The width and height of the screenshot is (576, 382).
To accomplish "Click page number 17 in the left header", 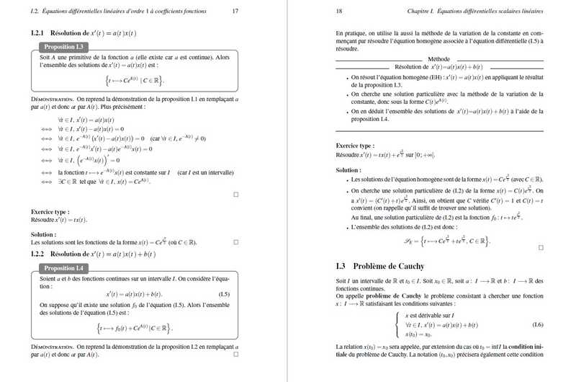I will tap(235, 11).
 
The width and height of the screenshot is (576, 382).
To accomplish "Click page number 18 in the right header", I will tap(339, 11).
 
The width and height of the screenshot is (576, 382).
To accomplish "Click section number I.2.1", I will tap(37, 33).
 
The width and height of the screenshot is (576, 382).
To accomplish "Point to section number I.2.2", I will tap(37, 254).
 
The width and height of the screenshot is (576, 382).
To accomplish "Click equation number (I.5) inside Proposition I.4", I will tap(224, 294).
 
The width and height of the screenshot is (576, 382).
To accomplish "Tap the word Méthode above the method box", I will tap(438, 58).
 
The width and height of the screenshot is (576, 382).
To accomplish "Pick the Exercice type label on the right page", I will tap(355, 145).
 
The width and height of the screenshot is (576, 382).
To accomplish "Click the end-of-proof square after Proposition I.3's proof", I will tap(235, 195).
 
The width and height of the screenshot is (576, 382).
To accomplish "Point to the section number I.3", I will tap(341, 266).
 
